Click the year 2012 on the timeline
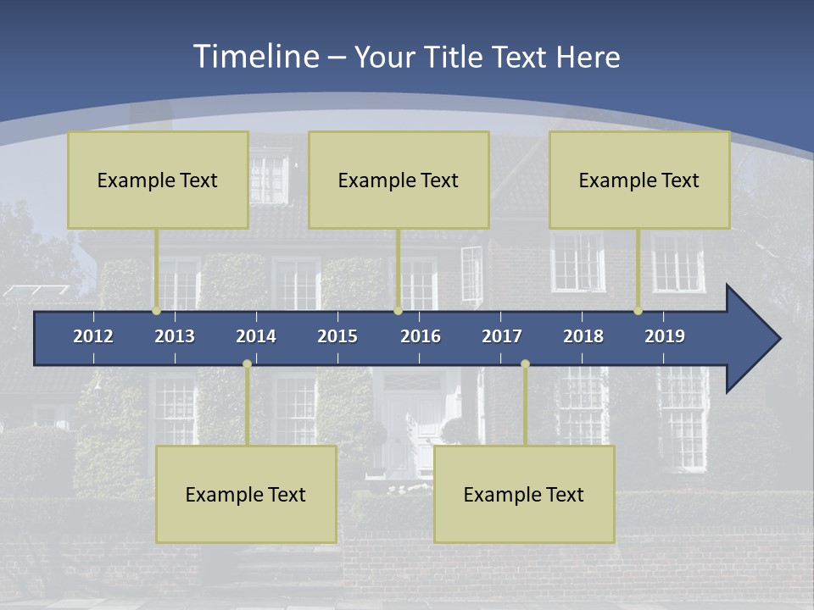click(x=93, y=336)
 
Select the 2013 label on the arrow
click(x=175, y=336)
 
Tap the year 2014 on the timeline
click(x=256, y=336)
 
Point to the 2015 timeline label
click(x=337, y=336)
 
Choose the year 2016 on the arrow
click(x=421, y=336)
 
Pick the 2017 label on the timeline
click(x=502, y=336)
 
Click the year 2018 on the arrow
click(x=583, y=336)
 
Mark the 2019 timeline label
click(x=665, y=336)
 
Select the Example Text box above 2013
click(x=158, y=180)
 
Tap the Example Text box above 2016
click(x=399, y=180)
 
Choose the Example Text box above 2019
click(x=639, y=180)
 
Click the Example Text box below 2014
click(x=246, y=495)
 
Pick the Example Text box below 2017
click(x=524, y=495)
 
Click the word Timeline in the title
click(x=255, y=57)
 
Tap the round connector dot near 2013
click(x=157, y=311)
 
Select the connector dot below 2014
click(x=247, y=364)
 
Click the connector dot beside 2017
click(x=525, y=364)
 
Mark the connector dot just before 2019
click(x=638, y=311)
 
